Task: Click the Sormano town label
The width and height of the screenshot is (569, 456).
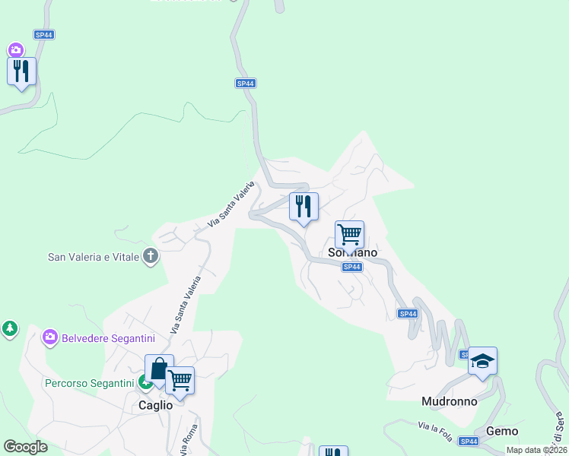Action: tap(352, 252)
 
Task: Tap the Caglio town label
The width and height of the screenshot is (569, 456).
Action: tap(155, 405)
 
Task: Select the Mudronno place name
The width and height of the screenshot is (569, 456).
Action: tap(450, 401)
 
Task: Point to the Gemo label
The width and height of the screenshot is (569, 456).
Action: tap(502, 431)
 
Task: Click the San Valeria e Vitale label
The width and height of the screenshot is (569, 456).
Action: tap(94, 257)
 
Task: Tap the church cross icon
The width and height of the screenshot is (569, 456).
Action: tap(151, 256)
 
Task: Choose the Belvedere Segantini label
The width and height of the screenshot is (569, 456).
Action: tap(108, 337)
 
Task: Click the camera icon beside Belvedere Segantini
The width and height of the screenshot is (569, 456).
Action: tap(50, 337)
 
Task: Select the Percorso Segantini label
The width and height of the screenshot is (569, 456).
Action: tap(89, 383)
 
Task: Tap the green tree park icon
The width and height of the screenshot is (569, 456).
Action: tap(9, 328)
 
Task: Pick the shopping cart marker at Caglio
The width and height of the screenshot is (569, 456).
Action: tap(180, 381)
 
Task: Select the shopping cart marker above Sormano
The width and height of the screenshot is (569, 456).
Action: tap(349, 234)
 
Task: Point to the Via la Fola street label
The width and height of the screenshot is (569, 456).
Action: tap(436, 428)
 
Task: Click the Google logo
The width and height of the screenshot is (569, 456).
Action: tap(25, 447)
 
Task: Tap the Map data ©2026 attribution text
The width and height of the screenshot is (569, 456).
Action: tap(536, 450)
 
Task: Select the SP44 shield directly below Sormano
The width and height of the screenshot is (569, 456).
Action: tap(351, 267)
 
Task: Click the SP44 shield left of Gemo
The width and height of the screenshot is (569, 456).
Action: tap(469, 441)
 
